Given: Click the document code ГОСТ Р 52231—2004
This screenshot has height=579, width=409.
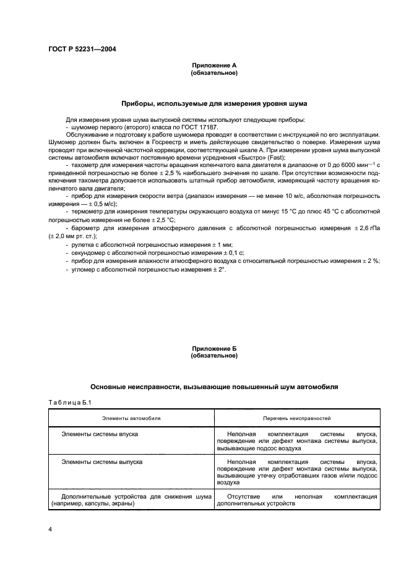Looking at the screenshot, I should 81,49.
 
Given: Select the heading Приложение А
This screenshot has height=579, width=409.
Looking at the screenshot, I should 213,65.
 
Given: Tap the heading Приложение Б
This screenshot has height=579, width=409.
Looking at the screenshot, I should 213,349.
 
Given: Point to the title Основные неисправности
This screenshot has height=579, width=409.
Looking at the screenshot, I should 213,387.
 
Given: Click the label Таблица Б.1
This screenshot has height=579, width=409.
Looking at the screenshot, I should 70,403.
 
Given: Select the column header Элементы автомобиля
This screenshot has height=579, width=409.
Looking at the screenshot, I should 131,418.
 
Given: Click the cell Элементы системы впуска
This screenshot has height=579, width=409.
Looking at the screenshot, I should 100,435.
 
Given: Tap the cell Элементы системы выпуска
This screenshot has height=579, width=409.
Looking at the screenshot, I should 102,462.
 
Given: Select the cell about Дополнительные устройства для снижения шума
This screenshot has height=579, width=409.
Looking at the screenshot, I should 131,500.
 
